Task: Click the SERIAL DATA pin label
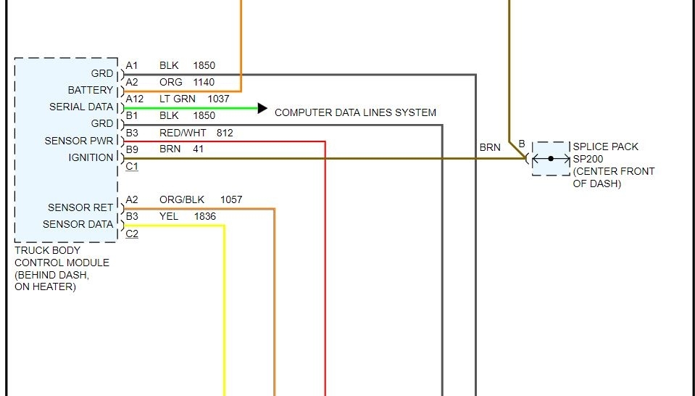81,107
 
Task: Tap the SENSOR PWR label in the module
79,141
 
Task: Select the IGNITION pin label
91,157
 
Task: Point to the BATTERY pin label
91,91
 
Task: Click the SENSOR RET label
80,207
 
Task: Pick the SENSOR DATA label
78,224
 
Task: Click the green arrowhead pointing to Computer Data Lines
262,109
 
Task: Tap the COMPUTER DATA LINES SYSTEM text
355,112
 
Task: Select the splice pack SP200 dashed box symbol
551,158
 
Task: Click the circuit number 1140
204,82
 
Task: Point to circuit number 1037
218,99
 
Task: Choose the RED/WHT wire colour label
183,133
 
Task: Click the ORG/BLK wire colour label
182,199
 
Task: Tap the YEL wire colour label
169,216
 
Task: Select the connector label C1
132,166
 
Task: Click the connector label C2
132,233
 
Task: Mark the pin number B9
132,149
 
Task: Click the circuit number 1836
204,216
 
